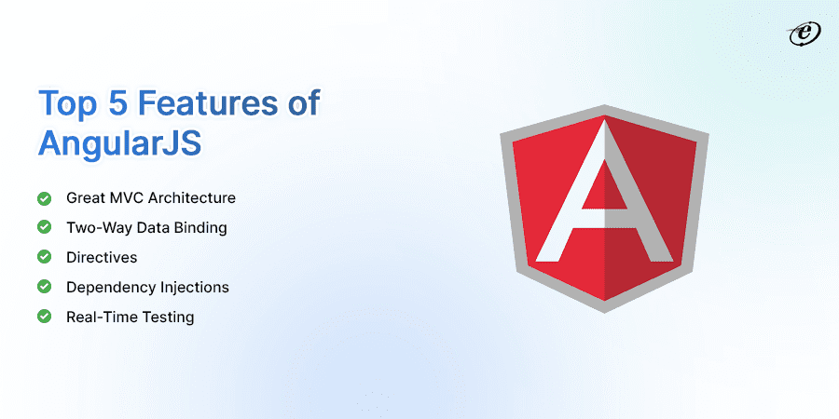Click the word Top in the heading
[67, 103]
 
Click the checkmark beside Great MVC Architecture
[44, 198]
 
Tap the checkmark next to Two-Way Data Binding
[44, 227]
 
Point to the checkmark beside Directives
[44, 257]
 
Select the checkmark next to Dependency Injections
[44, 287]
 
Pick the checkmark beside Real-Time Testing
[44, 317]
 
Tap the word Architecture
[191, 198]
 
